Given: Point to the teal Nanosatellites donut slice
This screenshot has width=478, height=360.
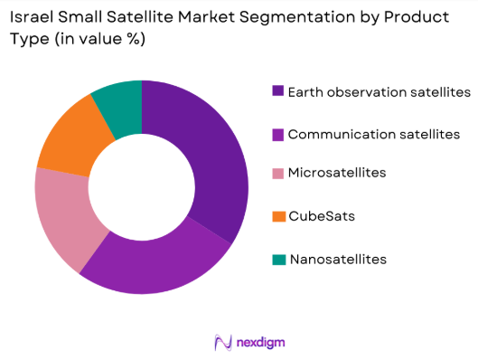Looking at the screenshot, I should coord(120,105).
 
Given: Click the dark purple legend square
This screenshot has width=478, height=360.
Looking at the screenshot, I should coord(277,91).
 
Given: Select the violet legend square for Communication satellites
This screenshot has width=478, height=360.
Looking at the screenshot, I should coord(277,134).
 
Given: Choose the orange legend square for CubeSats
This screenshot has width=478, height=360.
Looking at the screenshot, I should coord(277,217).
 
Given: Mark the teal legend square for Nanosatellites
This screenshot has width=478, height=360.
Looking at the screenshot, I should coord(277,260).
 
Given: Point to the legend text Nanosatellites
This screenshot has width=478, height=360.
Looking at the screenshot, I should coord(337,260).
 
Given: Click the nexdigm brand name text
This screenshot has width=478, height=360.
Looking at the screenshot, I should coord(253,343).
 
